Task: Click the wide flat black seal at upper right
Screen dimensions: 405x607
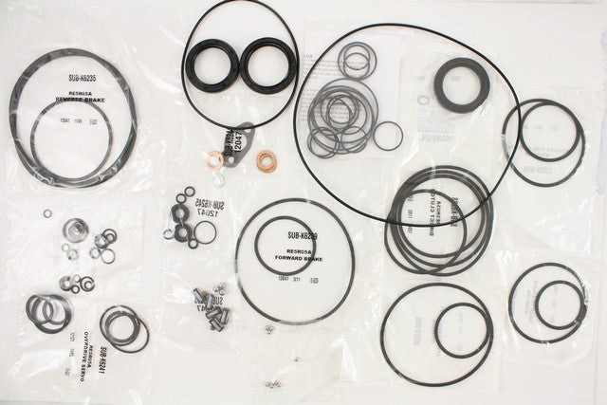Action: click(x=462, y=84)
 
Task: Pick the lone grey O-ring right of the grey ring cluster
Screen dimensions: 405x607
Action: click(x=388, y=135)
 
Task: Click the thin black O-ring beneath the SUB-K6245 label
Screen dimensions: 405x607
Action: click(x=204, y=231)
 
